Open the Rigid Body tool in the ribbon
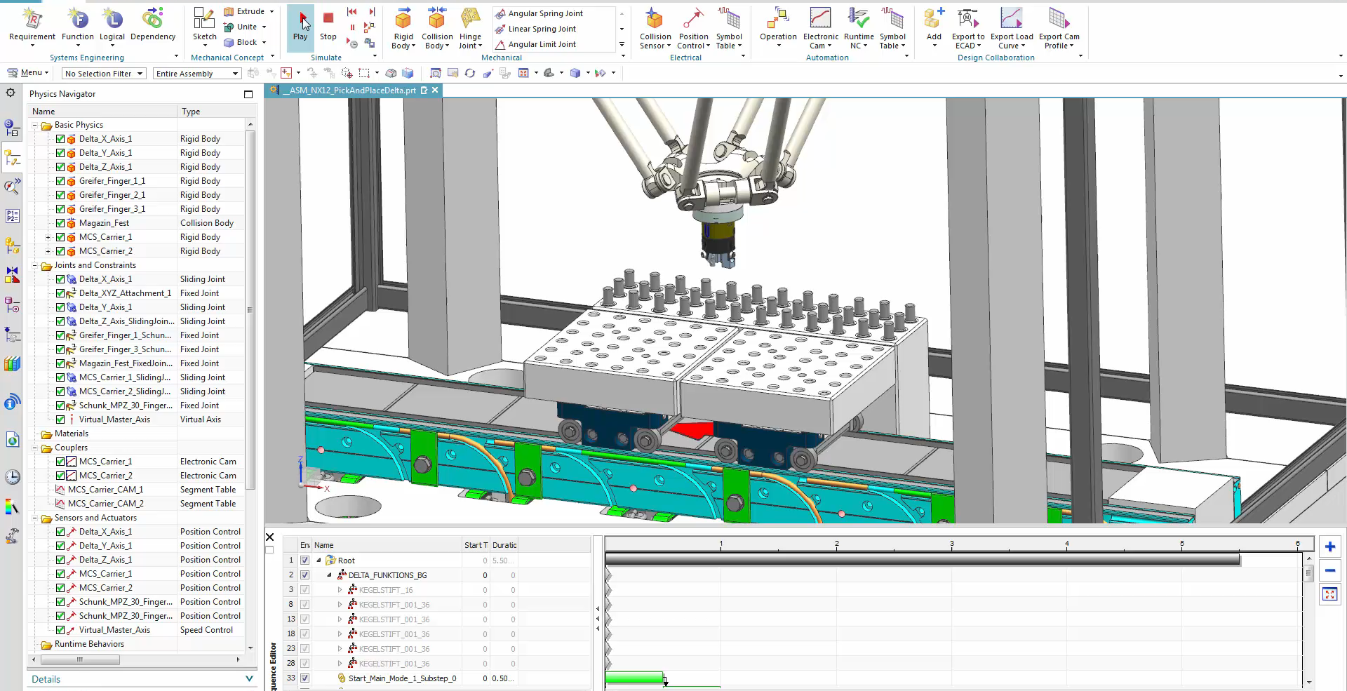403,28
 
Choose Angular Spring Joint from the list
545,13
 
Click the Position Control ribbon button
693,28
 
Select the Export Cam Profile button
1059,28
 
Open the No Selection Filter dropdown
104,74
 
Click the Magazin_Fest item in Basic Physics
104,223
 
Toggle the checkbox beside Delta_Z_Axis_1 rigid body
60,167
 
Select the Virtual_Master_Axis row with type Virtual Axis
114,420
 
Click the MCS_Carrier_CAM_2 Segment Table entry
105,504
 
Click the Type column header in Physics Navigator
191,112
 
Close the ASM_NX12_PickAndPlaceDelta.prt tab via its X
436,90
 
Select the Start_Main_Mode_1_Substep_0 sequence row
402,678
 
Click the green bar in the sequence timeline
634,678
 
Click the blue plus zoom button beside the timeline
1329,547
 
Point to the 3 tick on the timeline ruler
951,544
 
